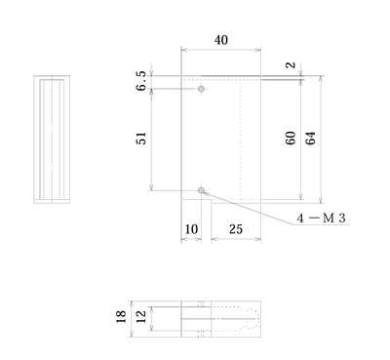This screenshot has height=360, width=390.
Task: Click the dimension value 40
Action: coord(221,40)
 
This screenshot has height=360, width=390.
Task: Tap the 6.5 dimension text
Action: coord(141,81)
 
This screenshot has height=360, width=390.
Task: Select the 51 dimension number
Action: coord(141,139)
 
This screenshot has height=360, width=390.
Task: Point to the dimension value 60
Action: coord(291,138)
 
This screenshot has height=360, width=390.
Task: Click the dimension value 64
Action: coord(310,138)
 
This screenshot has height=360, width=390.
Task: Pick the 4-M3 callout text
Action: coord(321,219)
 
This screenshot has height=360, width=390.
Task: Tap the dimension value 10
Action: coord(191,229)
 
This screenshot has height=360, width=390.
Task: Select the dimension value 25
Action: coord(236,229)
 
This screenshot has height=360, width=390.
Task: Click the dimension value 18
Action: coord(121,317)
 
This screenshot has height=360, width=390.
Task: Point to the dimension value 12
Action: coord(141,317)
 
